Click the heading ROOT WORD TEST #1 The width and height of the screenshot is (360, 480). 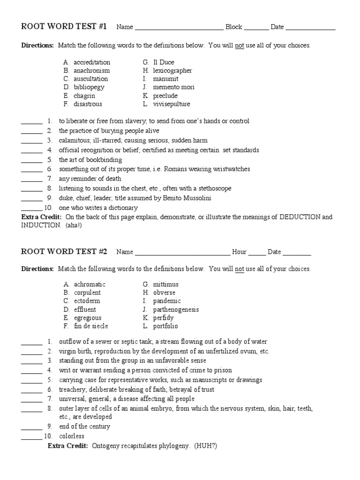[x=64, y=27]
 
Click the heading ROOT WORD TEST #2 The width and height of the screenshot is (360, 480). [x=64, y=252]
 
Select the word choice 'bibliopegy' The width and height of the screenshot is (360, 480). [x=89, y=87]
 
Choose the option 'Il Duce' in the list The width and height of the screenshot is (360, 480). [x=164, y=62]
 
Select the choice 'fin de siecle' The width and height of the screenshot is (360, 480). [x=91, y=326]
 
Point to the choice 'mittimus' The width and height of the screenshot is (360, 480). [x=165, y=285]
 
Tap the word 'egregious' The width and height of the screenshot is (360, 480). [x=88, y=318]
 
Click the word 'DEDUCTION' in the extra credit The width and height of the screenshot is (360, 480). [x=300, y=217]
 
